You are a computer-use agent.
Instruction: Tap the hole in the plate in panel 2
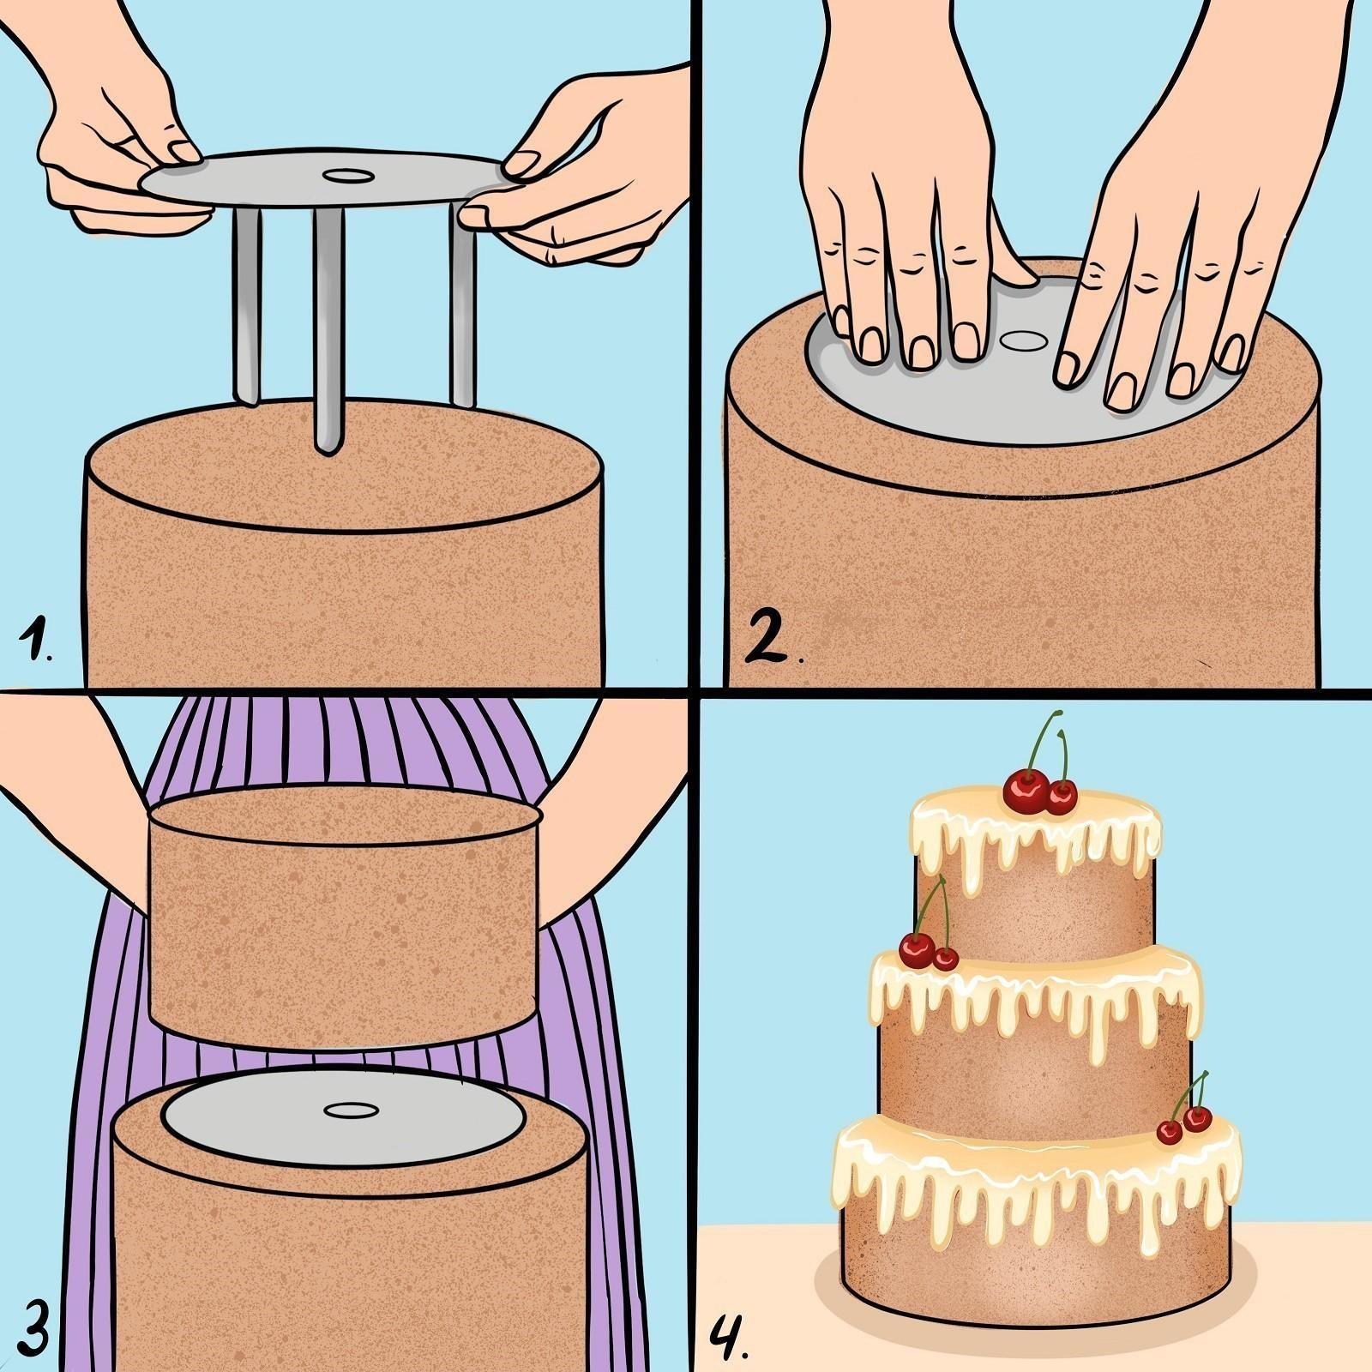pyautogui.click(x=1021, y=340)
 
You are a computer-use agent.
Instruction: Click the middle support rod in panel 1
pyautogui.click(x=327, y=329)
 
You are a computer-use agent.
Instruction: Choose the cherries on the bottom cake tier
pyautogui.click(x=1184, y=1110)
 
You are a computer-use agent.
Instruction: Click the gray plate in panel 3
pyautogui.click(x=342, y=1109)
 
